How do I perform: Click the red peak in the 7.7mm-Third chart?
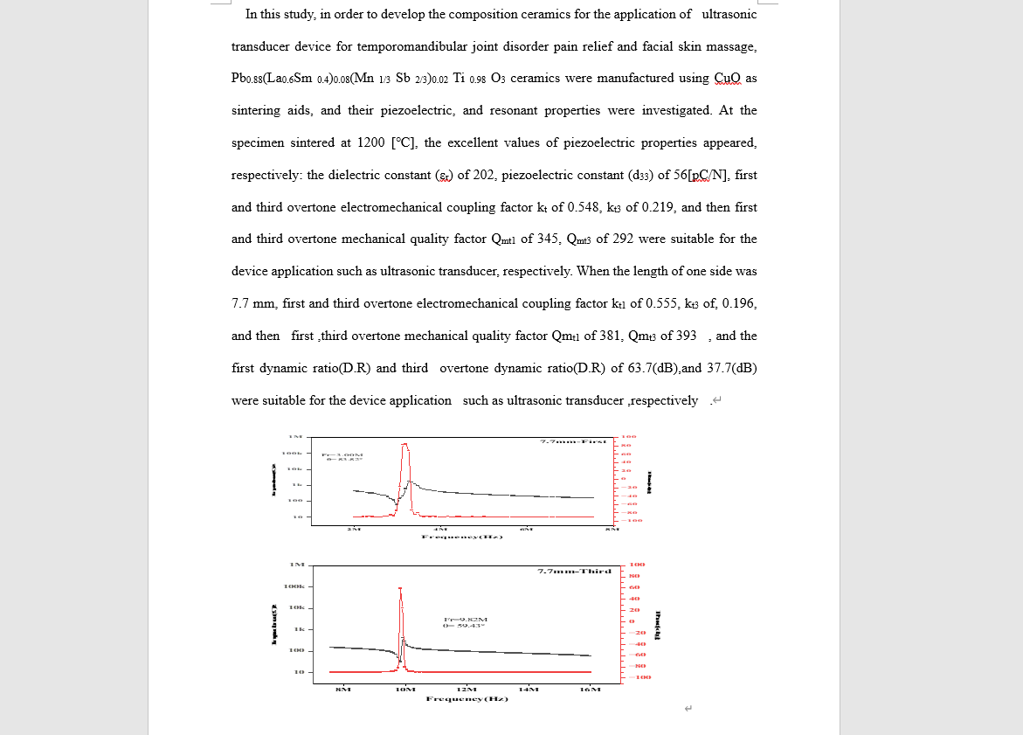tap(401, 590)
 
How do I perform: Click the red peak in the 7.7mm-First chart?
tap(404, 446)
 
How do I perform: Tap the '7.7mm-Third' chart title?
tap(574, 571)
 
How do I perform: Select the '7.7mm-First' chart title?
tap(573, 441)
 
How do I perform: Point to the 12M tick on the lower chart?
tap(467, 689)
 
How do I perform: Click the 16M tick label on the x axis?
tap(591, 689)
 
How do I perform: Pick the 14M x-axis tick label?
tap(529, 689)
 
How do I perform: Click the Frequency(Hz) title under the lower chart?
tap(467, 698)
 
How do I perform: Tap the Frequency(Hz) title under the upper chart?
tap(462, 537)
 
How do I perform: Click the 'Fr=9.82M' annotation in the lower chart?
tap(460, 619)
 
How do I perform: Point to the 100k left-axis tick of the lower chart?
tap(294, 586)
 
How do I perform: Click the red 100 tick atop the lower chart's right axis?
tap(637, 565)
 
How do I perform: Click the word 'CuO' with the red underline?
tap(727, 78)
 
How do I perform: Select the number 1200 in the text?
tap(371, 142)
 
